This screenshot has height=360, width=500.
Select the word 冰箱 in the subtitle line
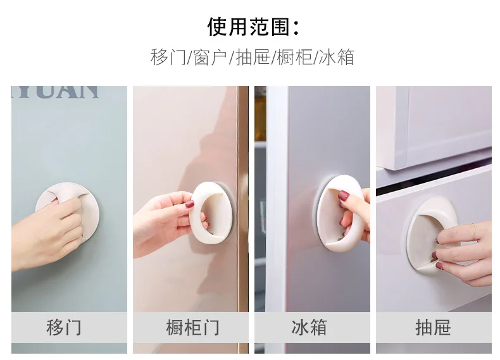click(x=337, y=58)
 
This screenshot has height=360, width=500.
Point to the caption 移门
click(x=64, y=327)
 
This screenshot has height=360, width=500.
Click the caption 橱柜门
click(x=192, y=327)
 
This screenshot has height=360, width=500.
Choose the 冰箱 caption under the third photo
click(x=309, y=327)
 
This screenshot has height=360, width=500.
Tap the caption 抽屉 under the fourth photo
click(x=433, y=327)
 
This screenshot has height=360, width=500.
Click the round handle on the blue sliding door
click(x=86, y=197)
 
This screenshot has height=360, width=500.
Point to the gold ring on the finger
click(x=474, y=231)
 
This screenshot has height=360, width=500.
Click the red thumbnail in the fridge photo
click(x=343, y=195)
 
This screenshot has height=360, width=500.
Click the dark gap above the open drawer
click(x=434, y=182)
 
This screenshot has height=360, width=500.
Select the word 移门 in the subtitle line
click(x=168, y=58)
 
